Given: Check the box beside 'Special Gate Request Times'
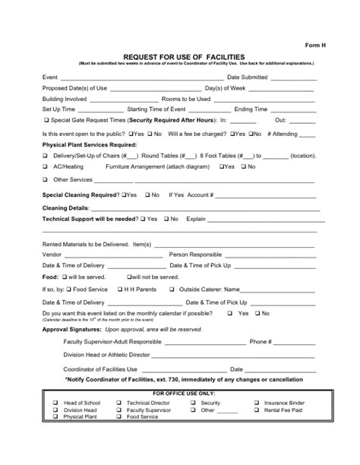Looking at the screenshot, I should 48,120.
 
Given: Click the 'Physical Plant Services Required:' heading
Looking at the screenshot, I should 90,144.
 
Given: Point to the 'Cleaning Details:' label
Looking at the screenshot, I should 66,207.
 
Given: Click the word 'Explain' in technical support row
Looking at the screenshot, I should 196,219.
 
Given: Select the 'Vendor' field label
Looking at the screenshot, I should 52,255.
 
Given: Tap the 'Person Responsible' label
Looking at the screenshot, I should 195,255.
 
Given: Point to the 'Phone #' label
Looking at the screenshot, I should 261,342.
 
